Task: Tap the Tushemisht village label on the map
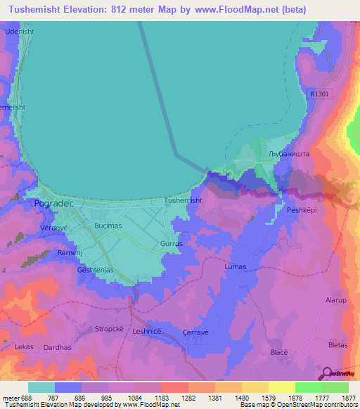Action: (x=183, y=200)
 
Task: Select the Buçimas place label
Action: (x=109, y=226)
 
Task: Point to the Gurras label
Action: (x=172, y=243)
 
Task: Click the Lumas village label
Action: (x=235, y=267)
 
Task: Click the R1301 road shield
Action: (x=320, y=93)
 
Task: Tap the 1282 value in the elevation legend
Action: (x=188, y=398)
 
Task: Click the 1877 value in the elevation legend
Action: (x=348, y=398)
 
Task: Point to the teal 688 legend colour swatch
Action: (x=41, y=387)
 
